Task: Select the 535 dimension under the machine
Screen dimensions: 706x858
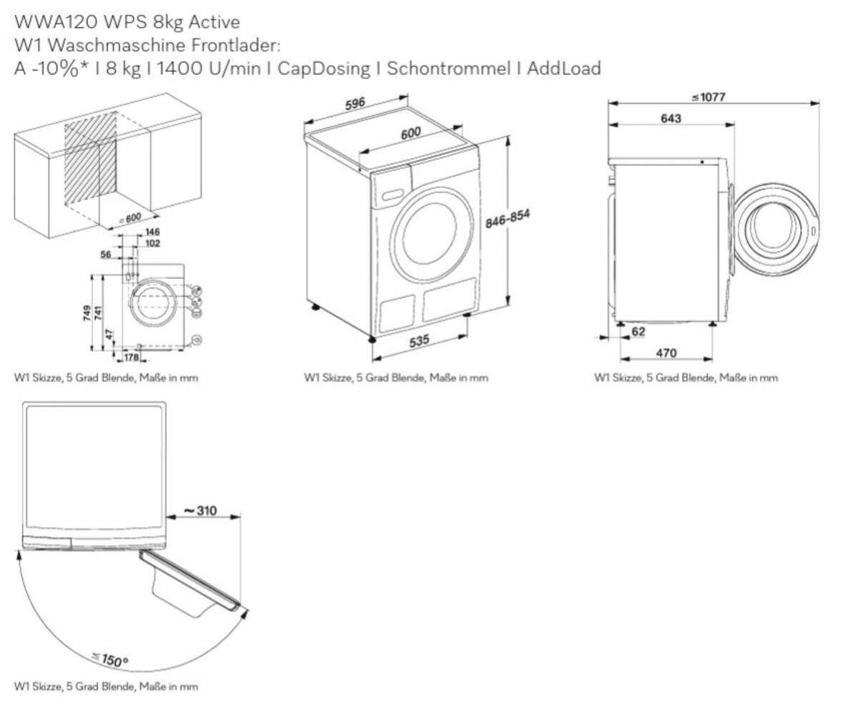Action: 420,342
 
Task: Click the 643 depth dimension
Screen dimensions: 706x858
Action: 671,118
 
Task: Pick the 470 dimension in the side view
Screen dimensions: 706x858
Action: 666,353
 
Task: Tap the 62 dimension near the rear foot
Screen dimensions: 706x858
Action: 638,331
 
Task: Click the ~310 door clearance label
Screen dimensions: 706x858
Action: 200,511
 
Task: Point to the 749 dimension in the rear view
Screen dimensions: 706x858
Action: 87,313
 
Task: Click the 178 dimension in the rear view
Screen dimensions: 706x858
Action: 131,357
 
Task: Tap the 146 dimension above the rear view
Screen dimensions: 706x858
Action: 152,232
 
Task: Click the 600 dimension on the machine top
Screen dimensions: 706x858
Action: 410,134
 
